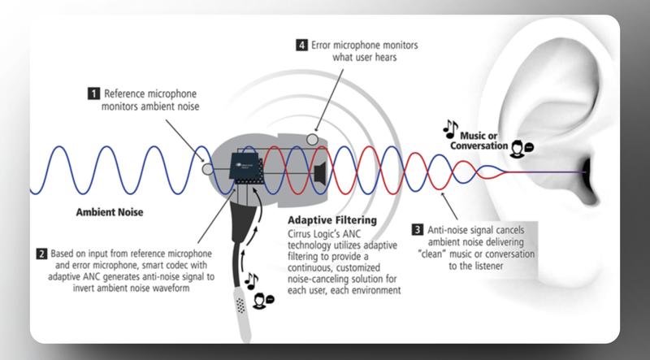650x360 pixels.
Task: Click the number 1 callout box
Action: click(93, 93)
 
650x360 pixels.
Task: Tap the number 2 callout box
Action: click(42, 254)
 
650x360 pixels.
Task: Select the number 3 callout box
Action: click(418, 229)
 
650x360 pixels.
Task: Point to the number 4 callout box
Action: click(301, 45)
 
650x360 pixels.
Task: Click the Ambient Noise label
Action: click(110, 212)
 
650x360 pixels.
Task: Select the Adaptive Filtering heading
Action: click(332, 219)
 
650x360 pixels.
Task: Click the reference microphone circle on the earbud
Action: click(207, 169)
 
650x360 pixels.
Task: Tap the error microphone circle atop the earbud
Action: click(312, 139)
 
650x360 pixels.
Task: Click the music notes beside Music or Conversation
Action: click(451, 129)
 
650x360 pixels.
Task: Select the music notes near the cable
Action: click(252, 281)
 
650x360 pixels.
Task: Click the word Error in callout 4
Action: click(322, 46)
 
